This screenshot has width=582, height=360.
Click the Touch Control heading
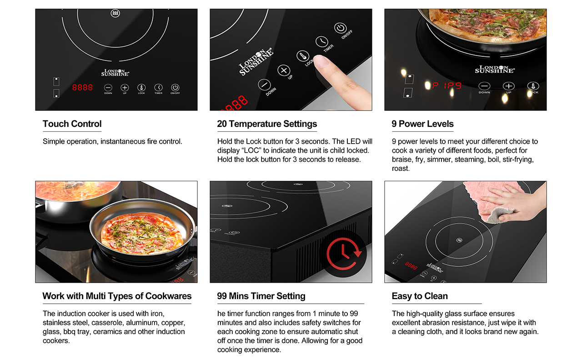[72, 124]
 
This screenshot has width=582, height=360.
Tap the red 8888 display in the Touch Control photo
[82, 88]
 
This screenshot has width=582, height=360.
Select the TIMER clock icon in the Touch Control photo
[159, 88]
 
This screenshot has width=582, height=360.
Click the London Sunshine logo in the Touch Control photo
[115, 72]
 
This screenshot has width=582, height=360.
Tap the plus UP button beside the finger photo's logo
[284, 70]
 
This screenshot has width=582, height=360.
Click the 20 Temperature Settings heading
[267, 124]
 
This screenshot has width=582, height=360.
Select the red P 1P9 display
[447, 85]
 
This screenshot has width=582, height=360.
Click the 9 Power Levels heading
[422, 124]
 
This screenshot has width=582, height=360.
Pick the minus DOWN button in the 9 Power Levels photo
[484, 86]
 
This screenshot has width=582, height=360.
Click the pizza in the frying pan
[140, 233]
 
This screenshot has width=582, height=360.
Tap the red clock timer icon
[343, 253]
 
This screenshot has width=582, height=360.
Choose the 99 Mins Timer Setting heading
[261, 296]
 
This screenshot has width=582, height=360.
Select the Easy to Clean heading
[420, 296]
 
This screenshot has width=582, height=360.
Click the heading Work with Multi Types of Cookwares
[117, 296]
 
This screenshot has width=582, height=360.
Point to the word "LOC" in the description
[251, 150]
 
